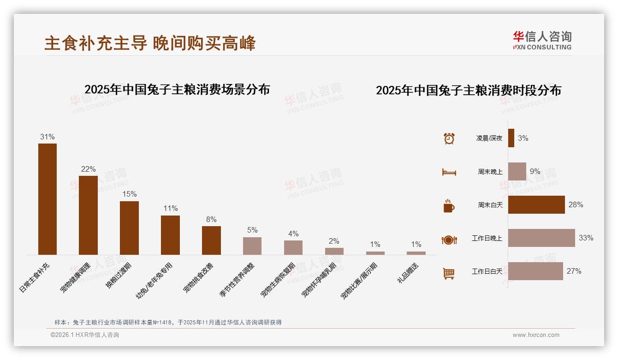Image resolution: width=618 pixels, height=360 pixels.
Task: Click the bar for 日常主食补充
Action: click(x=48, y=199)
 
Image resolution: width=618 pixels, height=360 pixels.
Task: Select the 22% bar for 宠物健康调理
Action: click(x=88, y=215)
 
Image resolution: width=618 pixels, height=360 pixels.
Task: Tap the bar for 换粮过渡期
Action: click(x=129, y=228)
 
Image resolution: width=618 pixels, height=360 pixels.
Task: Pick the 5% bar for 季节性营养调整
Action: click(x=252, y=246)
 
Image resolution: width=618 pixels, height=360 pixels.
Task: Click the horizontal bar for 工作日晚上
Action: click(x=541, y=238)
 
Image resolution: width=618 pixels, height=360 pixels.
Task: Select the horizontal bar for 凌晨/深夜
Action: click(x=511, y=138)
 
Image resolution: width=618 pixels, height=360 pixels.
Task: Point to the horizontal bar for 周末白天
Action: click(x=536, y=205)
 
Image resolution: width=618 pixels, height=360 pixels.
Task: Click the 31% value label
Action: click(x=48, y=137)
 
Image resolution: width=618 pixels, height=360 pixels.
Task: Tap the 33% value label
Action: click(x=586, y=238)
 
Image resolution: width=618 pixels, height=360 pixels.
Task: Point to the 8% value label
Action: click(x=211, y=220)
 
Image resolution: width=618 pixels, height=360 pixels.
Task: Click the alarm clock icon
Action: click(x=449, y=138)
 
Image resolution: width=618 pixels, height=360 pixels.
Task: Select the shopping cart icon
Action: click(x=449, y=273)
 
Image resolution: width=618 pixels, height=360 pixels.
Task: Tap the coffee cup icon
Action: click(x=449, y=206)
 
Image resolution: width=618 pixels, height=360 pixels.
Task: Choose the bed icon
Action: click(x=449, y=172)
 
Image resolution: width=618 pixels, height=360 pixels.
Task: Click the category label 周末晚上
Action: click(x=490, y=172)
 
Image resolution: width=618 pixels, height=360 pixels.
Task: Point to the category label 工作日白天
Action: click(x=487, y=271)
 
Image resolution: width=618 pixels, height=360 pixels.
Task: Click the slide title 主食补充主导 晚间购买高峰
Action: click(x=150, y=43)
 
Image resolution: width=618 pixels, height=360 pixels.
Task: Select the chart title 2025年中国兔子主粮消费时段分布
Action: click(x=469, y=90)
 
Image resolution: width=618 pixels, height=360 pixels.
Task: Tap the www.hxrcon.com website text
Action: click(x=536, y=335)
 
